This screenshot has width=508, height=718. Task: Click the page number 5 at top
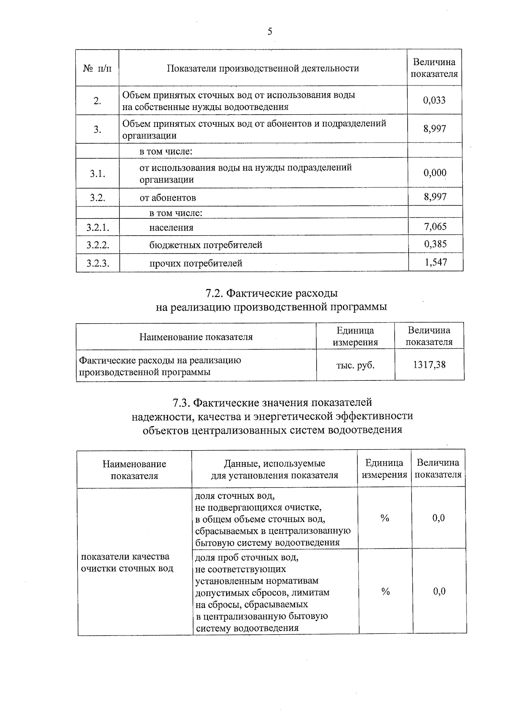(x=270, y=32)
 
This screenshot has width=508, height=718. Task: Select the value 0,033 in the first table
(x=434, y=100)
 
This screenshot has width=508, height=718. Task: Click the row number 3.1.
(x=97, y=173)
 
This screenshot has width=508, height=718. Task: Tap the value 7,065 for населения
(x=435, y=226)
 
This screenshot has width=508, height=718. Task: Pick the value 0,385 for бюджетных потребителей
(x=435, y=244)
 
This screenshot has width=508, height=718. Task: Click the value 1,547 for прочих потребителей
(x=436, y=262)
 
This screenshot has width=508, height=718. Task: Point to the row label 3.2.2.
(x=98, y=245)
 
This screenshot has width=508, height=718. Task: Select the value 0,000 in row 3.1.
(x=435, y=173)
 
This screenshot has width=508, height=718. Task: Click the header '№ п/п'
(x=97, y=68)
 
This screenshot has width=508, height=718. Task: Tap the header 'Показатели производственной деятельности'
(x=263, y=68)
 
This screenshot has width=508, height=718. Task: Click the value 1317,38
(x=429, y=365)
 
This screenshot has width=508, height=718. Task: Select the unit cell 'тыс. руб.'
(x=355, y=365)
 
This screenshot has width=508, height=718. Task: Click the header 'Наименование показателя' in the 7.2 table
(x=196, y=337)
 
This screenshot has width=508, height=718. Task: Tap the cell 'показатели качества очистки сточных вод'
(x=127, y=562)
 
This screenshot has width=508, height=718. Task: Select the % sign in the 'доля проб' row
(x=385, y=591)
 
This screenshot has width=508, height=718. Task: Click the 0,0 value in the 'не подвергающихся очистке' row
(x=439, y=518)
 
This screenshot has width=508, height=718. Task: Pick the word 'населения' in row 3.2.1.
(x=171, y=228)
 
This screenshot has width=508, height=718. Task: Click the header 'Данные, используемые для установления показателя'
(x=275, y=469)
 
